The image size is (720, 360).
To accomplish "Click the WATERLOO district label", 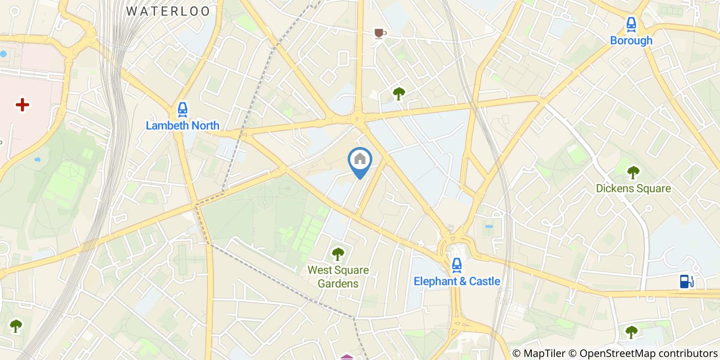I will pos(168,11).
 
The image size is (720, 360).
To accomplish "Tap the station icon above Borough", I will pos(631,24).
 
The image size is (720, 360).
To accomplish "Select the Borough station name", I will pos(631,41).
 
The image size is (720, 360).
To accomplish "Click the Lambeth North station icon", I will pos(182,109).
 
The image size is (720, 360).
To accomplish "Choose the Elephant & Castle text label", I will pos(457,281).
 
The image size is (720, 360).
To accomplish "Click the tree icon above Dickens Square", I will pos(633,172).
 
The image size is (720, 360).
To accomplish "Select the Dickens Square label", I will pos(633,189).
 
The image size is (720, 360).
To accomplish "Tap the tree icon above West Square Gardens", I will pos(338,254).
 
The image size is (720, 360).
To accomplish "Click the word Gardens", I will pos(338,283).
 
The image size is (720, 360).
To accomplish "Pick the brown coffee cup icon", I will pos(380,33).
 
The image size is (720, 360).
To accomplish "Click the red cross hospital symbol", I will pos(22,105).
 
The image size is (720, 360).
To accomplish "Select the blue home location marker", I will pos(360,160).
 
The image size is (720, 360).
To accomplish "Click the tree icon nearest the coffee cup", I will pos(399,93).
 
